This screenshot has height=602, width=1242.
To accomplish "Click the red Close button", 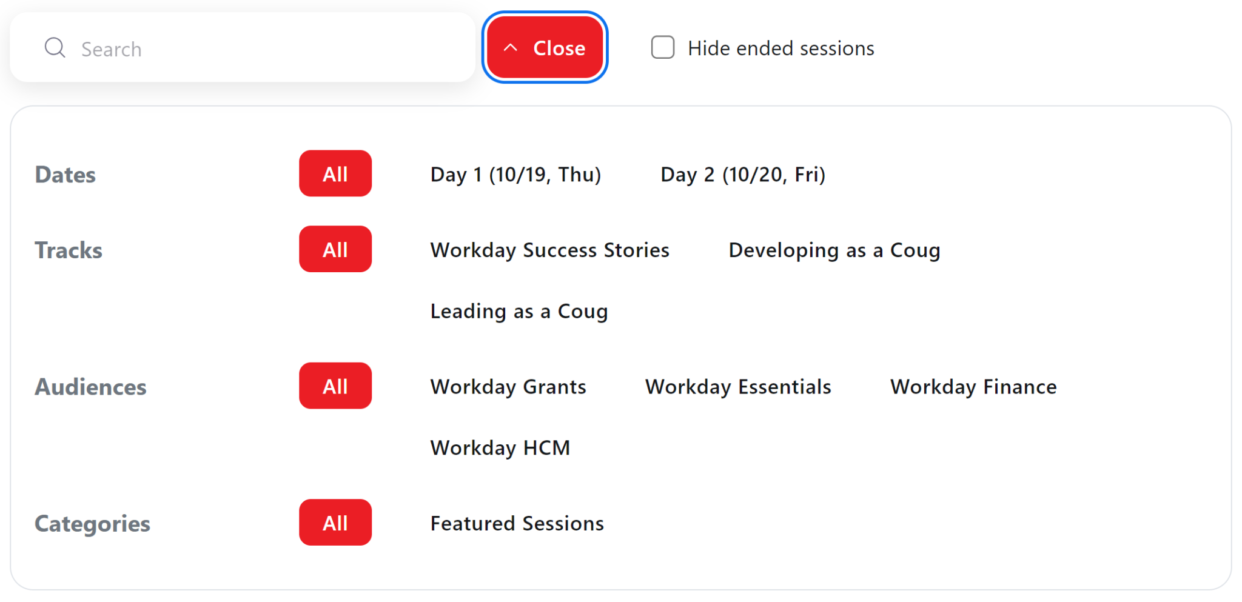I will pyautogui.click(x=545, y=48).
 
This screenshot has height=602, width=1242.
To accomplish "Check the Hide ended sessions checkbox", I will pyautogui.click(x=662, y=47).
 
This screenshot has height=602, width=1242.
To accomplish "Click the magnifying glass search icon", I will pyautogui.click(x=55, y=47).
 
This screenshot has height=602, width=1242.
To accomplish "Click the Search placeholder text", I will pyautogui.click(x=112, y=49).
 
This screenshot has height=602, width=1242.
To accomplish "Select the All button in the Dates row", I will pyautogui.click(x=335, y=174).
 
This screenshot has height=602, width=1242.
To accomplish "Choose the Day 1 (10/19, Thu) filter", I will pyautogui.click(x=515, y=175).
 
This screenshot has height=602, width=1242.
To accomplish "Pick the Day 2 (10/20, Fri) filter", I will pyautogui.click(x=742, y=175).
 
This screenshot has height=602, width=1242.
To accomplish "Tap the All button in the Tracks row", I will pyautogui.click(x=335, y=250).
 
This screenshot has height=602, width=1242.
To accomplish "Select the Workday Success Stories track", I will pyautogui.click(x=549, y=250).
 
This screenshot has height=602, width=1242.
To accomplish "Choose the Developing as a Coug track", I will pyautogui.click(x=834, y=250).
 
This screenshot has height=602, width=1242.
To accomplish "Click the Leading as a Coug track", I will pyautogui.click(x=519, y=311).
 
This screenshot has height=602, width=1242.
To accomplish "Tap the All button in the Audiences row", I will pyautogui.click(x=335, y=386).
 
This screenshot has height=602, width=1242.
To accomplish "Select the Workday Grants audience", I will pyautogui.click(x=508, y=387).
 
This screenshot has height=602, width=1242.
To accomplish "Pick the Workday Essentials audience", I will pyautogui.click(x=737, y=387).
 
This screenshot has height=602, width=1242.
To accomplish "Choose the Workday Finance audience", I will pyautogui.click(x=973, y=387).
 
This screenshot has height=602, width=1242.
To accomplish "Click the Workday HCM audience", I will pyautogui.click(x=500, y=448).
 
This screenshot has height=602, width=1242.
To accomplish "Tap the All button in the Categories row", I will pyautogui.click(x=335, y=523).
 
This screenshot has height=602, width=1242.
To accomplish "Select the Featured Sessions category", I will pyautogui.click(x=517, y=523).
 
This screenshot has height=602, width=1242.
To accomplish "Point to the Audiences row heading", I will pyautogui.click(x=90, y=387).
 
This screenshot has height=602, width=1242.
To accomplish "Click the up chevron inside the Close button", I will pyautogui.click(x=511, y=48).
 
